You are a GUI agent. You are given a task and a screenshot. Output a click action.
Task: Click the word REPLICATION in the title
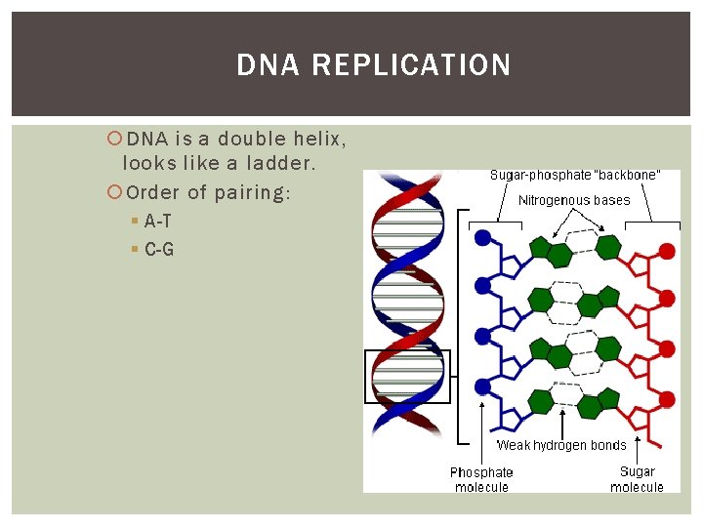tap(412, 65)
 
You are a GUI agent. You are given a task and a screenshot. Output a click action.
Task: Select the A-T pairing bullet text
tap(157, 222)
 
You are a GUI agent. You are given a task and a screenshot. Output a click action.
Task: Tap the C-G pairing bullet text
tap(158, 250)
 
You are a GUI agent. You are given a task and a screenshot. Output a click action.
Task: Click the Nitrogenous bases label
tap(574, 200)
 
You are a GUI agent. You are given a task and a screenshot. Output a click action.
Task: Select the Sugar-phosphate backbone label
tap(574, 176)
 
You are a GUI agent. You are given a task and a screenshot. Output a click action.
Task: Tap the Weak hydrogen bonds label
tap(561, 445)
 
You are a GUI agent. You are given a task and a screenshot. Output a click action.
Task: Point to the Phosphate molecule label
tap(481, 479)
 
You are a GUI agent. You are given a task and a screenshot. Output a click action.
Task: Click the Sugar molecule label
tap(637, 479)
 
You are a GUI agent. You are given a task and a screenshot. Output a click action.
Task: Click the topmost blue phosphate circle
tap(481, 236)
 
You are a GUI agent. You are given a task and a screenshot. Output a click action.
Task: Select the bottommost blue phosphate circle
tap(481, 386)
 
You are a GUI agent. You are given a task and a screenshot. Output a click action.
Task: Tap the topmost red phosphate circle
tap(667, 251)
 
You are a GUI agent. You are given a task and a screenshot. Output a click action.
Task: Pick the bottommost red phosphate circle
tap(667, 401)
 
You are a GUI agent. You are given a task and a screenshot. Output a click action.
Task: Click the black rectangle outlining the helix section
tap(407, 376)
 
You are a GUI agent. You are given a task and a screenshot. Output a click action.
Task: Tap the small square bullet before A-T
tap(134, 223)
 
